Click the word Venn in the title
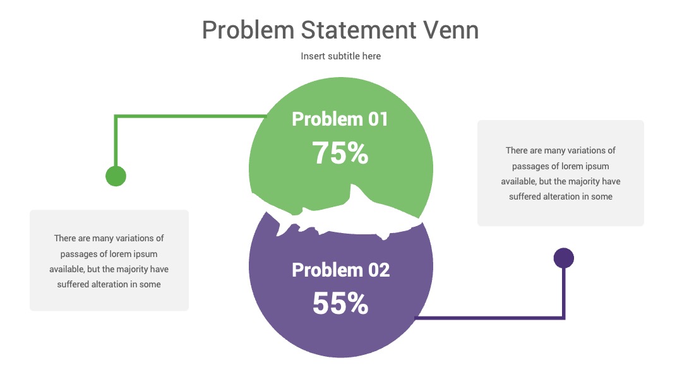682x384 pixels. pyautogui.click(x=451, y=30)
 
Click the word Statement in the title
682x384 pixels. pyautogui.click(x=359, y=30)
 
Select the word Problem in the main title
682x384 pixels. pyautogui.click(x=248, y=30)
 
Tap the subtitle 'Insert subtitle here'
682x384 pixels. pyautogui.click(x=340, y=56)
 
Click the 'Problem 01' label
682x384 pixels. pyautogui.click(x=340, y=119)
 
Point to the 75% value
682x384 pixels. pyautogui.click(x=340, y=153)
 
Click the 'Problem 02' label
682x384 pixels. pyautogui.click(x=340, y=270)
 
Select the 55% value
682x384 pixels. pyautogui.click(x=340, y=303)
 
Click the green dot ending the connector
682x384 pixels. pyautogui.click(x=116, y=176)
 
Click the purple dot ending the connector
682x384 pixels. pyautogui.click(x=564, y=258)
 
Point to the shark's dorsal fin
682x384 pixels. pyautogui.click(x=357, y=193)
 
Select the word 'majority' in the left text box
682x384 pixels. pyautogui.click(x=133, y=269)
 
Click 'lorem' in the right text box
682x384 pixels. pyautogui.click(x=571, y=166)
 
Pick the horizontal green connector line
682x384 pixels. pyautogui.click(x=190, y=116)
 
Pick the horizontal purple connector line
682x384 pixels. pyautogui.click(x=490, y=318)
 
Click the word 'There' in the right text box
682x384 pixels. pyautogui.click(x=517, y=150)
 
